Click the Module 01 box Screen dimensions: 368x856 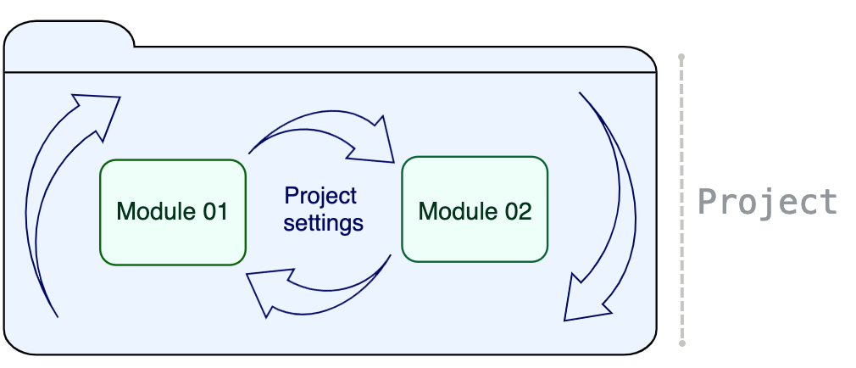coord(173,212)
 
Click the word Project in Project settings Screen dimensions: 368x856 coord(321,196)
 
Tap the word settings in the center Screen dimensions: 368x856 coord(323,224)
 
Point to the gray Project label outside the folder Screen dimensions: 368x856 coord(767,202)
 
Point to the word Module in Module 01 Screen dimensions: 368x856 coord(153,211)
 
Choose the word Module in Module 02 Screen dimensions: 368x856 coord(456,210)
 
